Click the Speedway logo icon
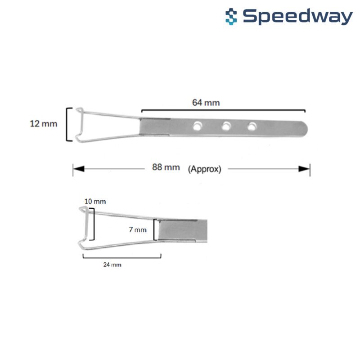(x=231, y=17)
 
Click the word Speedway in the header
(x=298, y=17)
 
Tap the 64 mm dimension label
(x=206, y=103)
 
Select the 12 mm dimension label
(x=43, y=124)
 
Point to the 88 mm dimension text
(x=166, y=167)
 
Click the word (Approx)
(x=205, y=169)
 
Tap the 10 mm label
(x=95, y=202)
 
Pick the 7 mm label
(x=138, y=229)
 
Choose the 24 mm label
(x=112, y=265)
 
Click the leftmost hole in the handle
(x=197, y=126)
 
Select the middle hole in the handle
(x=226, y=126)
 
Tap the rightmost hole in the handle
(x=252, y=126)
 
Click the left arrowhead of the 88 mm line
(x=78, y=169)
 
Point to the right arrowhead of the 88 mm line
(x=304, y=169)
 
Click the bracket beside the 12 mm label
(x=69, y=124)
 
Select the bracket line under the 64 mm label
(x=223, y=111)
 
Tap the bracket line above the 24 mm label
(x=122, y=256)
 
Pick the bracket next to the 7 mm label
(x=155, y=229)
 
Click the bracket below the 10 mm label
(x=92, y=224)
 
